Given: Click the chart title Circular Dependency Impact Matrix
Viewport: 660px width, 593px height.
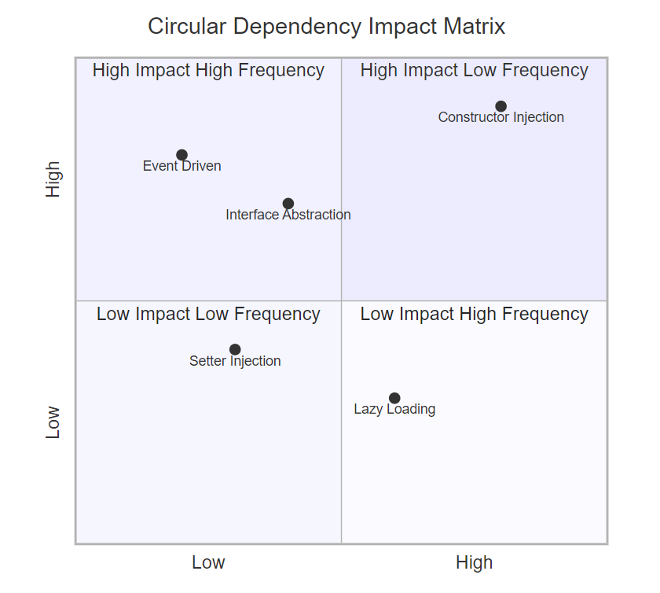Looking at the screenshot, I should [x=326, y=27].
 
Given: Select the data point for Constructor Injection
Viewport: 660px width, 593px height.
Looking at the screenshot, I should [x=501, y=106].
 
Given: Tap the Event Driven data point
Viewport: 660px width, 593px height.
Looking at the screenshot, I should [x=181, y=155].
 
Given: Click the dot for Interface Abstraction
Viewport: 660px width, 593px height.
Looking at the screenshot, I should [x=288, y=204].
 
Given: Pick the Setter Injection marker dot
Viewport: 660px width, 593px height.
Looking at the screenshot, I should [x=235, y=350].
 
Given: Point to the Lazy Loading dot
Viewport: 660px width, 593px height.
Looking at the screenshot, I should [x=394, y=399].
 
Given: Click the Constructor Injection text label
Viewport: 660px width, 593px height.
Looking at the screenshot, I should [x=501, y=118].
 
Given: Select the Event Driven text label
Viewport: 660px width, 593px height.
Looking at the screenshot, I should [x=181, y=167].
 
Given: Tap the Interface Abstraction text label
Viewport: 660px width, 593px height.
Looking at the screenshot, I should [x=288, y=215].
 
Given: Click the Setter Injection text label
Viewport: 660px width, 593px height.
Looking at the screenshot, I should [x=235, y=362].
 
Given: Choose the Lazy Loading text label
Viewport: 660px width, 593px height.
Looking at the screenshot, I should [x=394, y=410].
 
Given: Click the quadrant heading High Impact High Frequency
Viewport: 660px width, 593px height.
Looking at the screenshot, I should [x=208, y=71].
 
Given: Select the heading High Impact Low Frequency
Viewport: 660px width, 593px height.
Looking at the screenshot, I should [x=474, y=71].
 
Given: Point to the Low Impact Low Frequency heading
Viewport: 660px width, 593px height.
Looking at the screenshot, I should [x=208, y=315].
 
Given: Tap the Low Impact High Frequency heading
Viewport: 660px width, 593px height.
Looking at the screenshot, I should [x=474, y=315].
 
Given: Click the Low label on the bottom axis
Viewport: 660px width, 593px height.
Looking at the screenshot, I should [x=208, y=563].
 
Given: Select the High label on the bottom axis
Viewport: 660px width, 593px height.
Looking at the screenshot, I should [x=474, y=563].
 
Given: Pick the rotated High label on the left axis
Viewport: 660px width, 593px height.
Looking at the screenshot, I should [x=53, y=179].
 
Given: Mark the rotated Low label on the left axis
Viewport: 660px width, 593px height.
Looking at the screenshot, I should [x=53, y=422].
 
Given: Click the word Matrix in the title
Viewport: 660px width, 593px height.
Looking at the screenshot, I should [x=475, y=27].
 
